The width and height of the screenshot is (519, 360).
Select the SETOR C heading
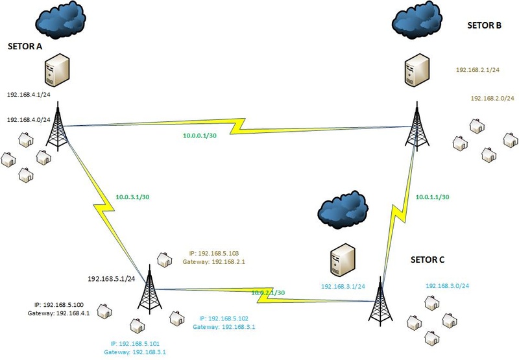click(428, 260)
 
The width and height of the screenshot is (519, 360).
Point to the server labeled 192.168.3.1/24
click(340, 262)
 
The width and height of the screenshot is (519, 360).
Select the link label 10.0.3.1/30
click(132, 196)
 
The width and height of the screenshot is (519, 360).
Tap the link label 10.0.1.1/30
click(433, 196)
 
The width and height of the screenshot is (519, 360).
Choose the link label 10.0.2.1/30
click(268, 293)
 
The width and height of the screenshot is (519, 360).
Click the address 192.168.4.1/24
click(29, 95)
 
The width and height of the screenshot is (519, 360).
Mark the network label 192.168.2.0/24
click(492, 99)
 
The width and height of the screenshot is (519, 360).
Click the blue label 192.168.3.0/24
click(447, 286)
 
